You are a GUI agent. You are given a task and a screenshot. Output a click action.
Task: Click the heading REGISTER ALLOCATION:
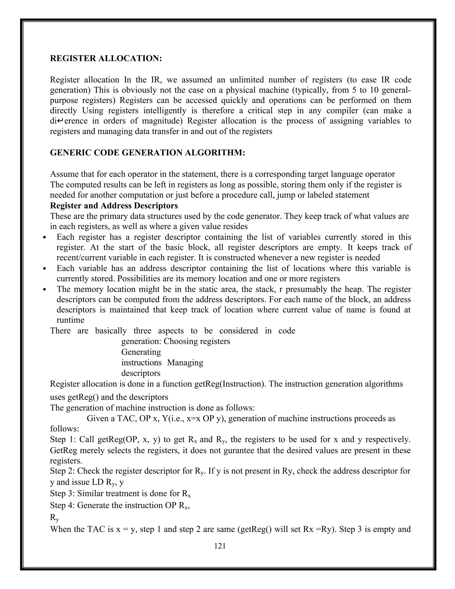point(106,58)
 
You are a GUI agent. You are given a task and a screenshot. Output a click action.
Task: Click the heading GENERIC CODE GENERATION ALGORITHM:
point(148,153)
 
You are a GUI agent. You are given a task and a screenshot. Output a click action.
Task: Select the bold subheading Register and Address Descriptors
point(114,206)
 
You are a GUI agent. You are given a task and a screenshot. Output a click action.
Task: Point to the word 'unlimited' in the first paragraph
point(245,80)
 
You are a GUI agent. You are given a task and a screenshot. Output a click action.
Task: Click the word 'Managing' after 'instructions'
point(185,363)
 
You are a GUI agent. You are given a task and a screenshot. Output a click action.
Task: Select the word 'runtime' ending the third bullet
point(70,320)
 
